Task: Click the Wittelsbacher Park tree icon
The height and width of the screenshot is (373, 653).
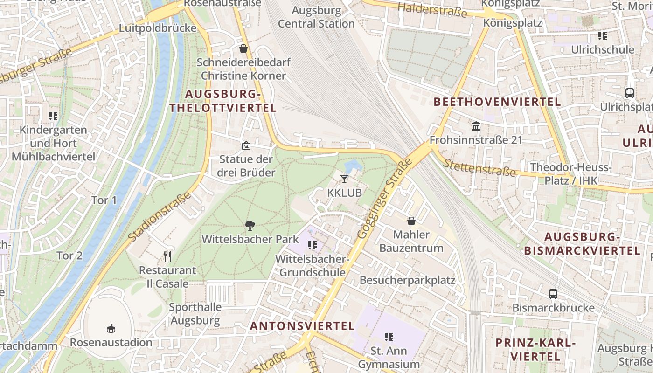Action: (250, 226)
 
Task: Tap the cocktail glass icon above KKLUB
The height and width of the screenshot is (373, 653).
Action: (344, 179)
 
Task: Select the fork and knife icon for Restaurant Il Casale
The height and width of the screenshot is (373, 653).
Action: (168, 256)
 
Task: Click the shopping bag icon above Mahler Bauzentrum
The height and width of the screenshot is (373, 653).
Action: (411, 221)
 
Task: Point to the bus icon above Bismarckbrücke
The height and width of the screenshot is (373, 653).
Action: (553, 294)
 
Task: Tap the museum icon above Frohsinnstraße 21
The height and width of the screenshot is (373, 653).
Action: (476, 126)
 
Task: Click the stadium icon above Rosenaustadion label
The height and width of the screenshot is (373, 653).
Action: (111, 329)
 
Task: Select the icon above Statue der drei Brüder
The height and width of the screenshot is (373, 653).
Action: (246, 145)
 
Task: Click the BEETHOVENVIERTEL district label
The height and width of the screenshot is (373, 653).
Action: (497, 102)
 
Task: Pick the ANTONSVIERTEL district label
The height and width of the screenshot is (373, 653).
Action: (302, 326)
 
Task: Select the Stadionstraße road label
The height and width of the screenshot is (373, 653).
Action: (160, 217)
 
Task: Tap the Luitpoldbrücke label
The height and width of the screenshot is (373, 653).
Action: (158, 28)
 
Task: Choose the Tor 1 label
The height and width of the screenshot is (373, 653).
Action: (104, 200)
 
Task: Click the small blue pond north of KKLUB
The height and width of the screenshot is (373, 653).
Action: (353, 166)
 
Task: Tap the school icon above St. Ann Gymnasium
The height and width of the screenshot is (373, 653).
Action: (389, 337)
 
